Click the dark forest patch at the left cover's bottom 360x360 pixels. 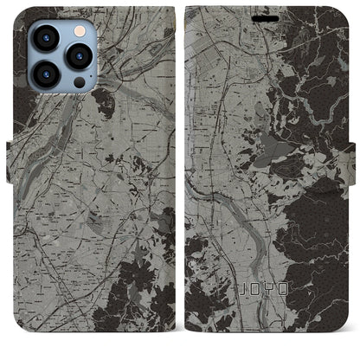coord(138,303)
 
